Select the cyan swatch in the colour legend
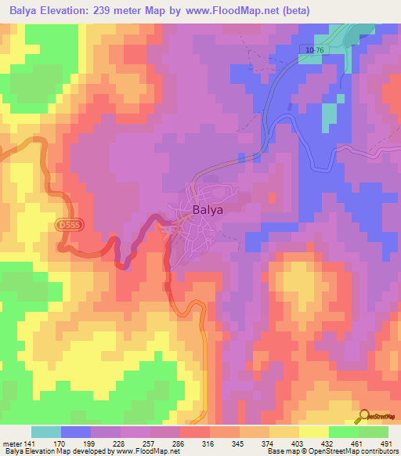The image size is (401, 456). pos(46,432)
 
